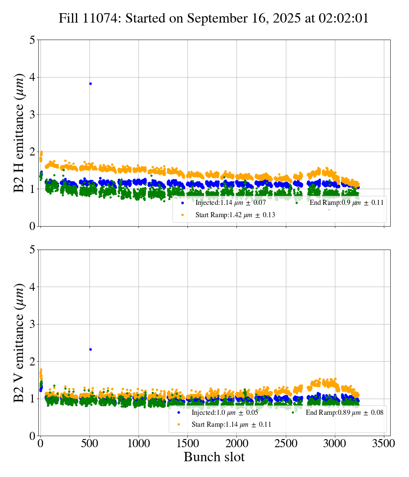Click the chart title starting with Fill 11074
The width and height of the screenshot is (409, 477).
213,19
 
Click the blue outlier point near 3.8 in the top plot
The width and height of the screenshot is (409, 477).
90,83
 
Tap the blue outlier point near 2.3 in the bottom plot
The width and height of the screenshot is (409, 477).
90,349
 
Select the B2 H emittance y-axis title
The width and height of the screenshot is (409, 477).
19,133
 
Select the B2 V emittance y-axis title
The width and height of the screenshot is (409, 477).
19,343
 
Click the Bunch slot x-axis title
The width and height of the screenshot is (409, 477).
214,457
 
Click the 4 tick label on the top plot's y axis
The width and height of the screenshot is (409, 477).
32,78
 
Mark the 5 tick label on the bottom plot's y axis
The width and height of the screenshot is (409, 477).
32,250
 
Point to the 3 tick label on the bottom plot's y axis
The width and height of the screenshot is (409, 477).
32,325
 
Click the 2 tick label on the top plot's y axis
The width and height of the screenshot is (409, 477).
32,152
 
